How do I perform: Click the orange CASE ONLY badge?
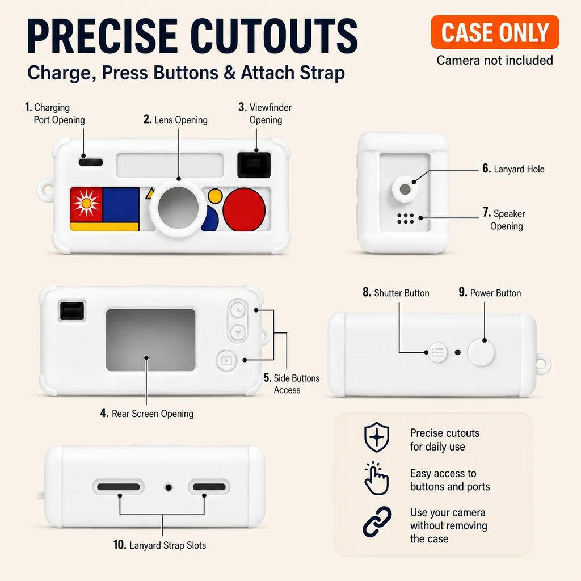point(495,32)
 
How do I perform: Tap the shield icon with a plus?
point(377,437)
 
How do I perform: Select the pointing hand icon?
point(377,478)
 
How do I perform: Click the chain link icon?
point(377,522)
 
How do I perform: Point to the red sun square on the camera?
point(86,204)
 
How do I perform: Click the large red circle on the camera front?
point(244,210)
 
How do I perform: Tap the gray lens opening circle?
point(178,208)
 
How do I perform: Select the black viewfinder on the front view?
point(254,165)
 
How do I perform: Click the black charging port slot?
point(91,162)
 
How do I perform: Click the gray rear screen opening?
point(150,340)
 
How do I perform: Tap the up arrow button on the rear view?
point(238,310)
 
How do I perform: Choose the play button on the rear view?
point(226,360)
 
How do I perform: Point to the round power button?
point(481,353)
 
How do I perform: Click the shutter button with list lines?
point(437,352)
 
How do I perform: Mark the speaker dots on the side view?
point(405,218)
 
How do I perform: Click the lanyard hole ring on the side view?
point(405,189)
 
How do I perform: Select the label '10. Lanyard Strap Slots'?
point(159,545)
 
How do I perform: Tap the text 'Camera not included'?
point(495,60)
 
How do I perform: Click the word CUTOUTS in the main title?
point(276,36)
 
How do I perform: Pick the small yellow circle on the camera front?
point(215,196)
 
